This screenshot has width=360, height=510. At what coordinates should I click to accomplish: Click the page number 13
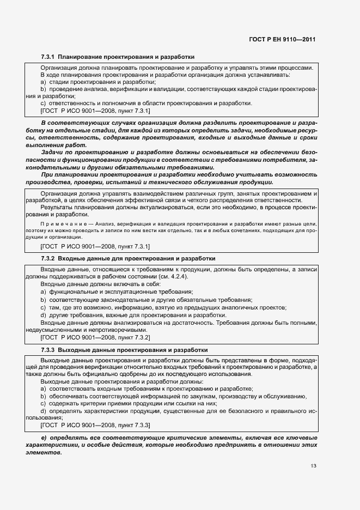pyautogui.click(x=313, y=466)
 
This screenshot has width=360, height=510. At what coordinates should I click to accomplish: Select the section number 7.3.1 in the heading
pyautogui.click(x=48, y=57)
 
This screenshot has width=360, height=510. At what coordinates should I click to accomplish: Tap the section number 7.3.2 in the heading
pyautogui.click(x=48, y=258)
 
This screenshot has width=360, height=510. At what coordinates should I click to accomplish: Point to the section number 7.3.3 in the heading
pyautogui.click(x=48, y=349)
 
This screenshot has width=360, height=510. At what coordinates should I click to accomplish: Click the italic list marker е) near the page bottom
pyautogui.click(x=44, y=438)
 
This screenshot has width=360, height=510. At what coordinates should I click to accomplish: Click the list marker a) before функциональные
pyautogui.click(x=43, y=292)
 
